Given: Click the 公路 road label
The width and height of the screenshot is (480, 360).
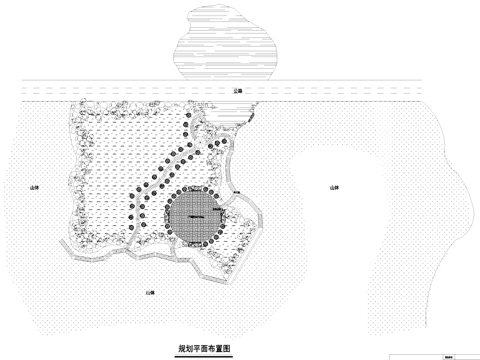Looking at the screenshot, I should pos(237,90).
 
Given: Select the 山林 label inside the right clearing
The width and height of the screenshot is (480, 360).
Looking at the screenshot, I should pos(333,187).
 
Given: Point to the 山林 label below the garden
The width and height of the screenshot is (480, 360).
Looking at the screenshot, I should pos(151,291).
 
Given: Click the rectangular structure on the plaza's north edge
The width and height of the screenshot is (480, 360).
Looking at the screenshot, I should pos(193,188).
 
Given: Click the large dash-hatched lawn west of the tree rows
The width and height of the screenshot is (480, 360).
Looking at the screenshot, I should pos(110,170).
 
